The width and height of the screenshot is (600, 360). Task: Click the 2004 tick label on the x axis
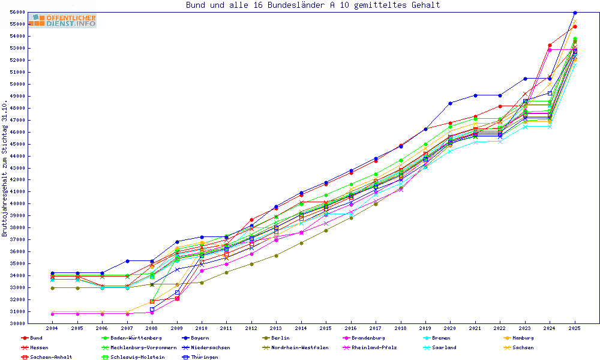[52, 329]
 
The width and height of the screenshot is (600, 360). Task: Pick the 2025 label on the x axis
[575, 329]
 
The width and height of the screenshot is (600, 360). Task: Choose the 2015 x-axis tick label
[326, 329]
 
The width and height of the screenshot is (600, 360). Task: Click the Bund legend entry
[36, 338]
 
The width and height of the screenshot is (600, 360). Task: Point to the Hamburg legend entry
[519, 338]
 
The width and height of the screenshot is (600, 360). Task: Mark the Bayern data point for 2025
[575, 13]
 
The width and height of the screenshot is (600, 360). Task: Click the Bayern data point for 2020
[450, 103]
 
